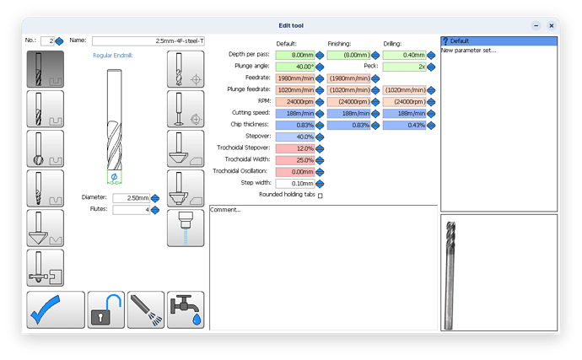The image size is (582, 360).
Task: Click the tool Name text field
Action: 148,40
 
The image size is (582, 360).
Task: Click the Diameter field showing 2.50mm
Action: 131,198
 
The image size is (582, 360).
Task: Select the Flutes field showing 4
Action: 131,210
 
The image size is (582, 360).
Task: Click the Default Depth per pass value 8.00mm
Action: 294,55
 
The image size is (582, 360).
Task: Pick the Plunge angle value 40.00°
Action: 294,66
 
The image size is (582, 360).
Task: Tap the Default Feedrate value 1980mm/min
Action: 294,78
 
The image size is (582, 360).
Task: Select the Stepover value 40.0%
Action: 294,137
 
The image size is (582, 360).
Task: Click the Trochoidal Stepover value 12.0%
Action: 294,148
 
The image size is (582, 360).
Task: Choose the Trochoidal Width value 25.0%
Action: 294,160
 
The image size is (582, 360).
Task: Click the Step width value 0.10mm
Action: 294,183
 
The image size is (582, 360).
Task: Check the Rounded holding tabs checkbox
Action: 320,196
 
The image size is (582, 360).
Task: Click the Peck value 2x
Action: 403,66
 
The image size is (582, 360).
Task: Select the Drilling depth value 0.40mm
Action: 403,55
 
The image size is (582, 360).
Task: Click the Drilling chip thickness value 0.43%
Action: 403,126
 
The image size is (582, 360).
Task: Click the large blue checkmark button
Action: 56,309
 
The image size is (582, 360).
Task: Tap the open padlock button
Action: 106,309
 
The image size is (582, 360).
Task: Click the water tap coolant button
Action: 186,309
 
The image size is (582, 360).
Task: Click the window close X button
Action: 552,26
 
